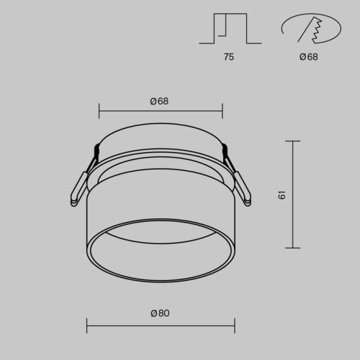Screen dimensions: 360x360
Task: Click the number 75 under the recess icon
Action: [x=229, y=57]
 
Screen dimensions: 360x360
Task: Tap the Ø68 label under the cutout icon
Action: [x=309, y=57]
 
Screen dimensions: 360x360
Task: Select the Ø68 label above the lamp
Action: [x=159, y=101]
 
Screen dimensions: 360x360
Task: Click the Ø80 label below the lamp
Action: [x=160, y=314]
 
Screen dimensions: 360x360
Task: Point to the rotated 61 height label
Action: [x=282, y=195]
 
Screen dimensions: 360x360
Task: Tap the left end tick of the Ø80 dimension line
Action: [x=87, y=325]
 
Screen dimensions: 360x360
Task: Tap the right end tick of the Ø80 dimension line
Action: [x=235, y=325]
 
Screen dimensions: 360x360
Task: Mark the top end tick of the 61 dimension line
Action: [x=293, y=141]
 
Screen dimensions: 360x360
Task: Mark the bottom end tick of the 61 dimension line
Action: [x=293, y=248]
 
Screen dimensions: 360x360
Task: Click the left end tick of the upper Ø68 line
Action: [x=99, y=111]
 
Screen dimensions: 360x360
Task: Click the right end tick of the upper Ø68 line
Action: [x=222, y=111]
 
